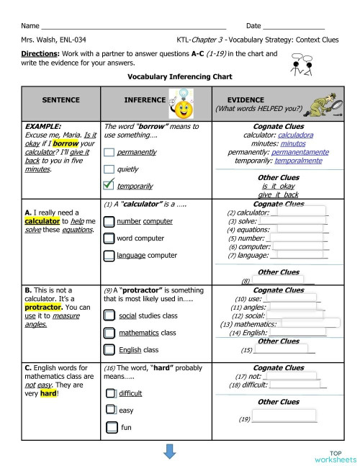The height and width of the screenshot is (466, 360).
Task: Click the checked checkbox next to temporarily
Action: [109, 184]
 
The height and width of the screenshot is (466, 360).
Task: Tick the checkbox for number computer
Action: [109, 221]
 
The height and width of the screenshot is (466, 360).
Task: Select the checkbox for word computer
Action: [109, 238]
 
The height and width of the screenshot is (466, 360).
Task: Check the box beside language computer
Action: [109, 255]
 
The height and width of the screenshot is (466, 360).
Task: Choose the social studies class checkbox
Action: [109, 315]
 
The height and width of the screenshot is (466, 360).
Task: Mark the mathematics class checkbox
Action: [109, 333]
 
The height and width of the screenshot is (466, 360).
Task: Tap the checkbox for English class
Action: [109, 350]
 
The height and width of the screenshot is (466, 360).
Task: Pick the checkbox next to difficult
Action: [111, 393]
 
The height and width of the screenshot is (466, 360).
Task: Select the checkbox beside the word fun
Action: [111, 428]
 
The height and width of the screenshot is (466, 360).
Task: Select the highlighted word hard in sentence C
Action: [48, 394]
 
